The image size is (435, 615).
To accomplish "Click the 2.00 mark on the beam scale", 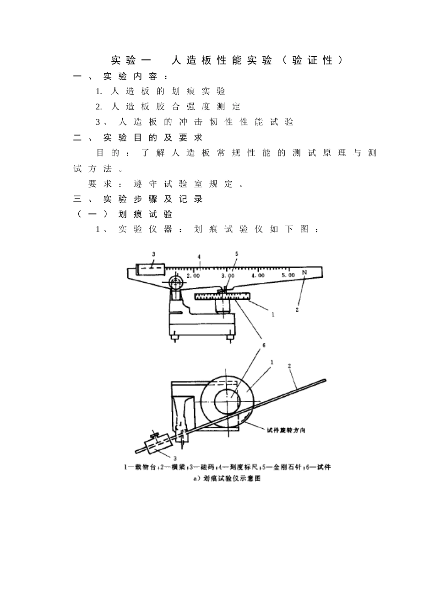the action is click(x=193, y=275).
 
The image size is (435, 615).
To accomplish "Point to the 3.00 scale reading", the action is click(x=228, y=275).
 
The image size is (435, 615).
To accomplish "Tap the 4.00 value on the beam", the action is click(x=258, y=275).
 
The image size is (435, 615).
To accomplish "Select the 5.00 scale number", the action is click(x=288, y=275).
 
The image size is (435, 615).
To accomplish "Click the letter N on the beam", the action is click(x=304, y=272).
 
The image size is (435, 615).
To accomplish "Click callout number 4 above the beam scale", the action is click(x=199, y=257).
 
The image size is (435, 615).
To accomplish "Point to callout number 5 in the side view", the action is click(x=237, y=254).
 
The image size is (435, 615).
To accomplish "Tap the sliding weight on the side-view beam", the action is click(x=151, y=270).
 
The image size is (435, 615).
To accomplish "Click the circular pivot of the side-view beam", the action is click(x=176, y=282).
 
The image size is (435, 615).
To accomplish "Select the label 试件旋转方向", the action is click(x=286, y=431).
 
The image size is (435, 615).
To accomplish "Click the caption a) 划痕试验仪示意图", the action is click(x=227, y=479).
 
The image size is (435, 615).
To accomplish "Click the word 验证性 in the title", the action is click(x=312, y=60).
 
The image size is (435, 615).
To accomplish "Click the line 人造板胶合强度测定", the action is click(x=176, y=107).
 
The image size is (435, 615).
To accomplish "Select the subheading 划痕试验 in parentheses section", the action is click(x=145, y=214).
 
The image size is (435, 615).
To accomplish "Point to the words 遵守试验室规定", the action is click(x=183, y=183).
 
